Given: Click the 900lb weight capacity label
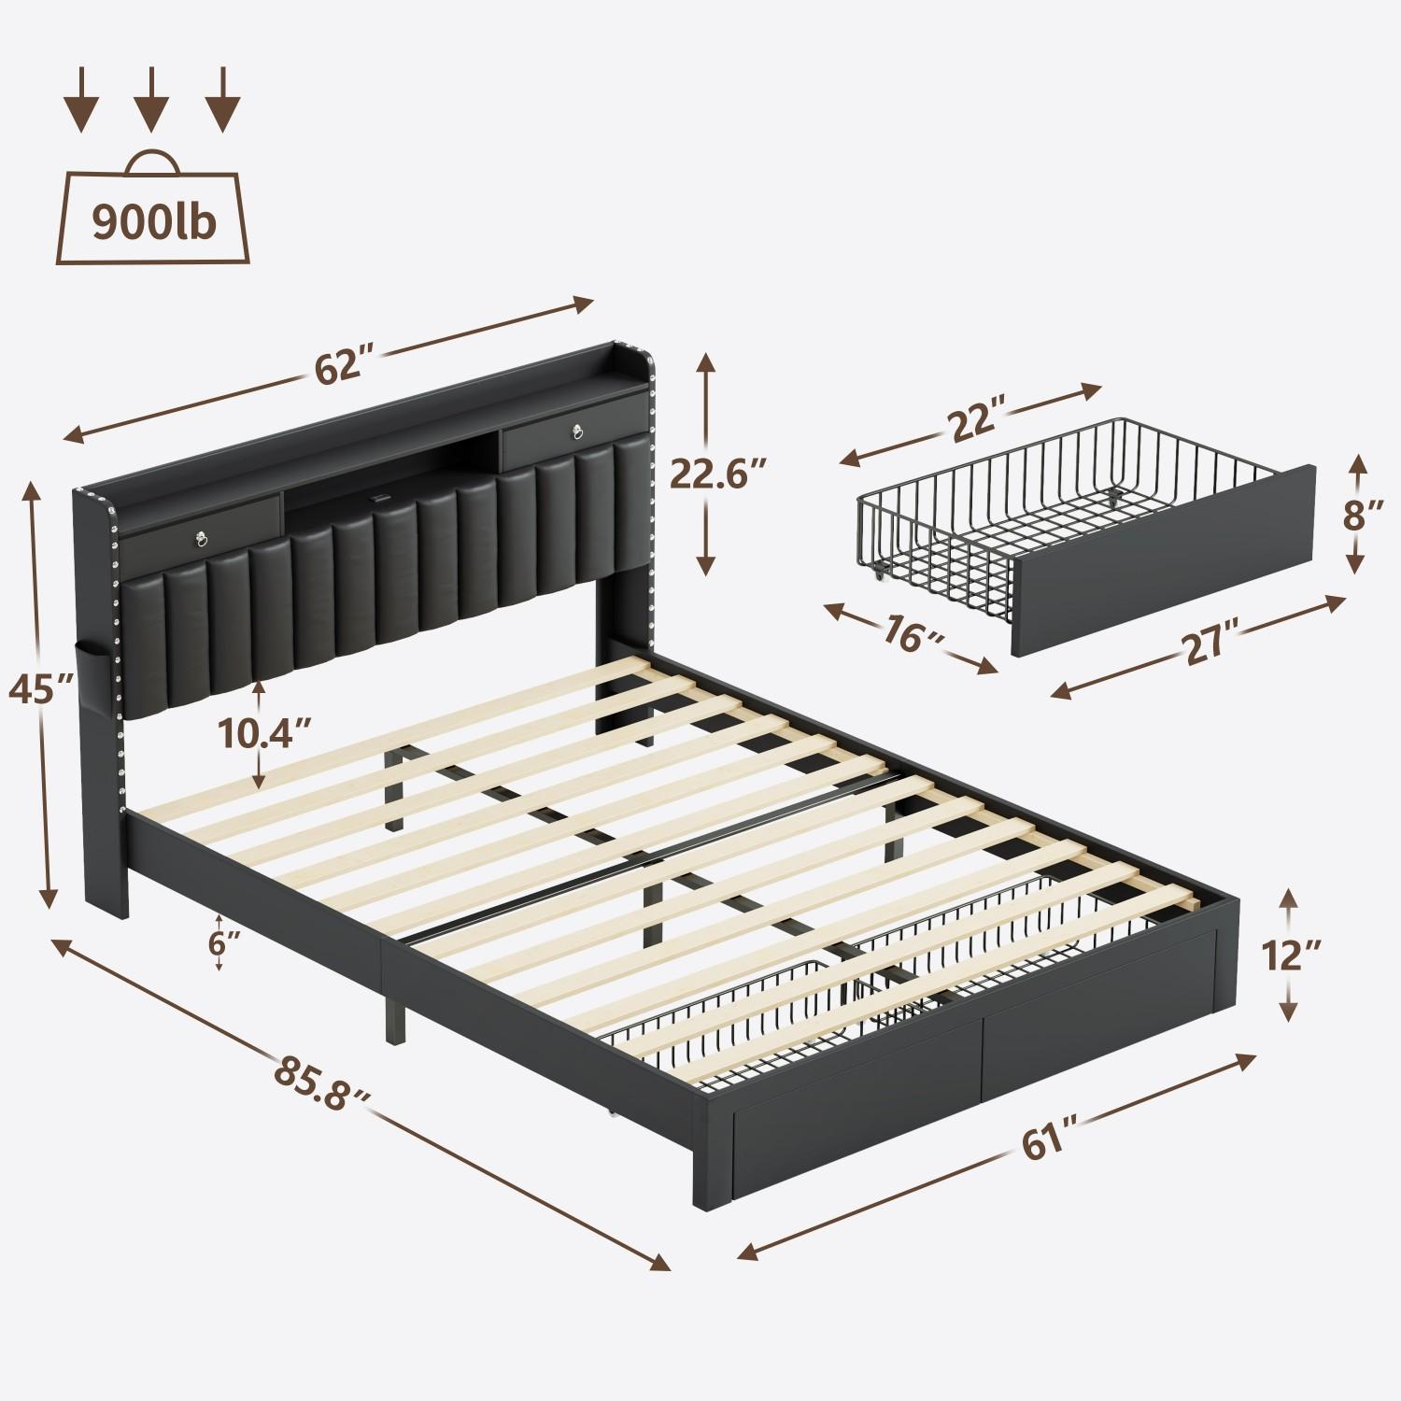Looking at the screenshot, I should click(x=154, y=221).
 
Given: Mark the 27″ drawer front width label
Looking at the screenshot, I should click(x=1206, y=646).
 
